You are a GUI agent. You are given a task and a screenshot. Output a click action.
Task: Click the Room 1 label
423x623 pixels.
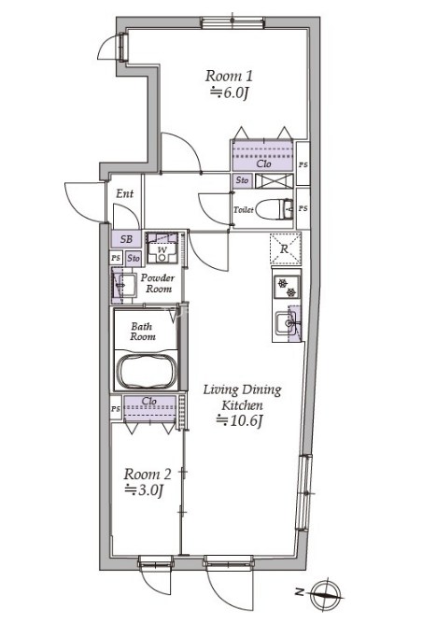coord(229,76)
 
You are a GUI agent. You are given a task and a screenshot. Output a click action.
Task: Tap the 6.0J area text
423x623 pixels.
coord(230,93)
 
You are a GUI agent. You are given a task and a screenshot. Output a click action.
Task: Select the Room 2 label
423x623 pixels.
coord(148,474)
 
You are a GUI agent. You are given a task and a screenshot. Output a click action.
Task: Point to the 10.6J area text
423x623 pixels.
coord(240,420)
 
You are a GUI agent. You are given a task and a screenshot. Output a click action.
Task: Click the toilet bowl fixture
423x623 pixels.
coord(274,209)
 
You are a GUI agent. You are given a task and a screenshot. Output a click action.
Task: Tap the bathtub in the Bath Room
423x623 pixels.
coord(147,372)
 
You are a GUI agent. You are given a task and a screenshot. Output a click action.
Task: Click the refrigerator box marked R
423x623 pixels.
coord(285,249)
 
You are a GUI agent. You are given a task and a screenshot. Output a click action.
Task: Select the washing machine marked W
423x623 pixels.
coord(162,248)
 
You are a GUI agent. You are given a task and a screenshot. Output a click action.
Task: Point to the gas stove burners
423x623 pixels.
coord(287,288)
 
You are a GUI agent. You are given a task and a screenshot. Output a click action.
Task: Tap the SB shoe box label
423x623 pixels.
coord(126,239)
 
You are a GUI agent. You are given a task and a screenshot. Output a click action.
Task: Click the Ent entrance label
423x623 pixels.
coord(125,194)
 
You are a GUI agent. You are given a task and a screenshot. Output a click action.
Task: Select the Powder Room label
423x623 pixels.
coord(158,283)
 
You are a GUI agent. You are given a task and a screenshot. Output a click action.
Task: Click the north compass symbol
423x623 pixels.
coord(326,594)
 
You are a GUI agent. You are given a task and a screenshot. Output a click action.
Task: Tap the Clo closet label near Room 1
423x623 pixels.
coord(263,163)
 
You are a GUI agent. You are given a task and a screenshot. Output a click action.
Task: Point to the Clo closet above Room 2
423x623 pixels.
coord(149,408)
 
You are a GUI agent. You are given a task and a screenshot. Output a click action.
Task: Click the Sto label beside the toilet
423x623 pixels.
coord(242,180)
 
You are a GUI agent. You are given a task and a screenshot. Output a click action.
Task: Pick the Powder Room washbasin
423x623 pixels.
coord(124,285)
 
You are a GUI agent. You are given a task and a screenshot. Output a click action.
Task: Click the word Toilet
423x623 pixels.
coord(244,209)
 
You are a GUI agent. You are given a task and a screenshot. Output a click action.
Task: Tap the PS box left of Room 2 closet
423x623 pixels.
coord(116,408)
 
